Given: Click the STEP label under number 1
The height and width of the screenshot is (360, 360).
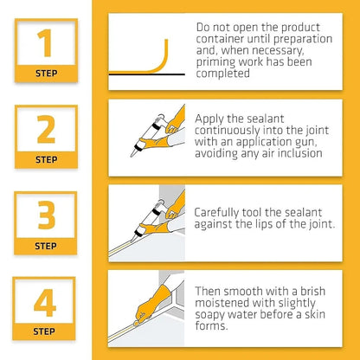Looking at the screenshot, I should point(47,74).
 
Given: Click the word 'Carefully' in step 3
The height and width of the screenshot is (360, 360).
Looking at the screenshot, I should point(222,211).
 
